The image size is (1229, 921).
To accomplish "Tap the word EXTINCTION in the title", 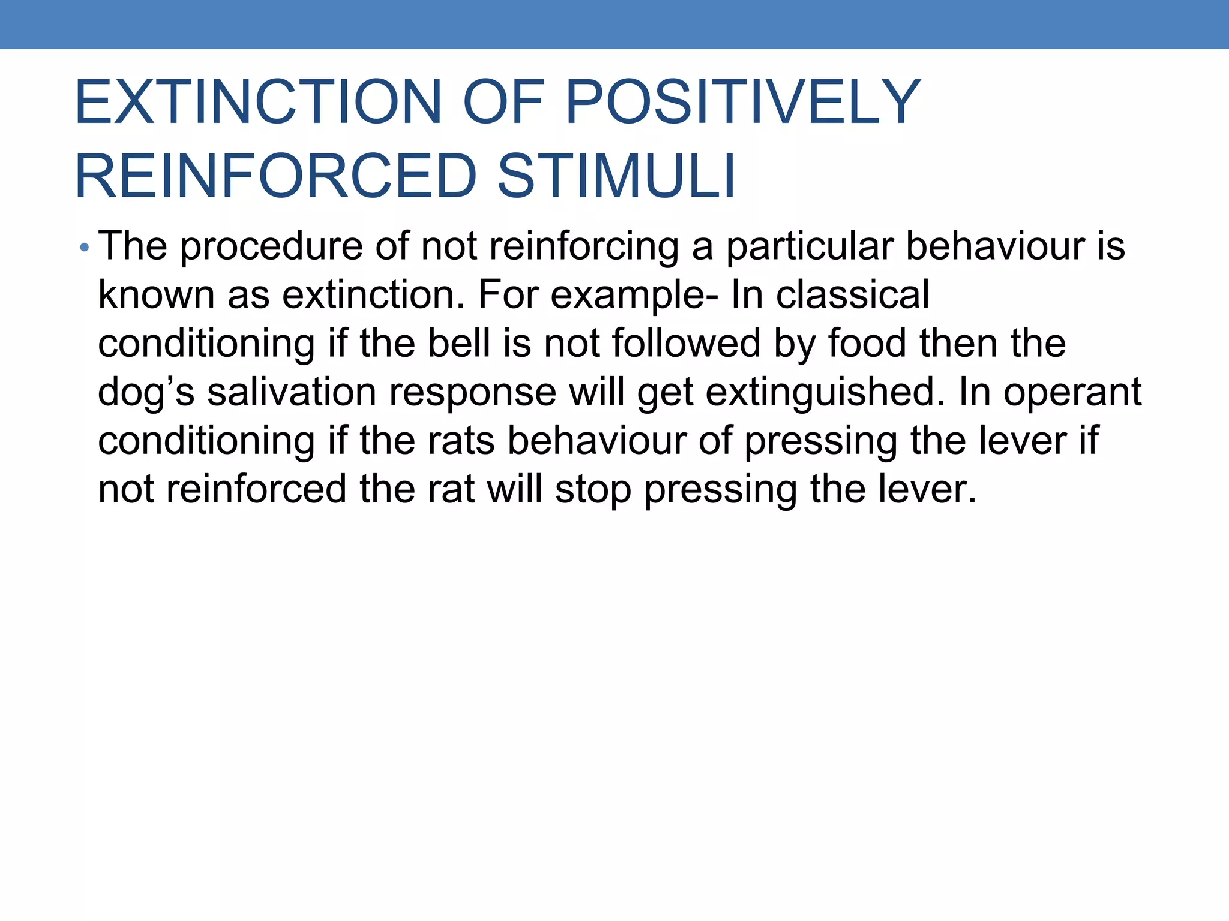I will click(259, 103).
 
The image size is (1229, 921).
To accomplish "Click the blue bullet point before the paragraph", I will click(84, 247).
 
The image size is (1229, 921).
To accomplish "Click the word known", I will click(156, 295).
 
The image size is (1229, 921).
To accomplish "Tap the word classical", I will click(853, 295).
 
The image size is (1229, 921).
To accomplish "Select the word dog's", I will click(146, 393).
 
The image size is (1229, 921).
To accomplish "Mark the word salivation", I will click(292, 392).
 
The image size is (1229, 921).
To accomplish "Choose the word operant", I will click(1072, 393).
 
